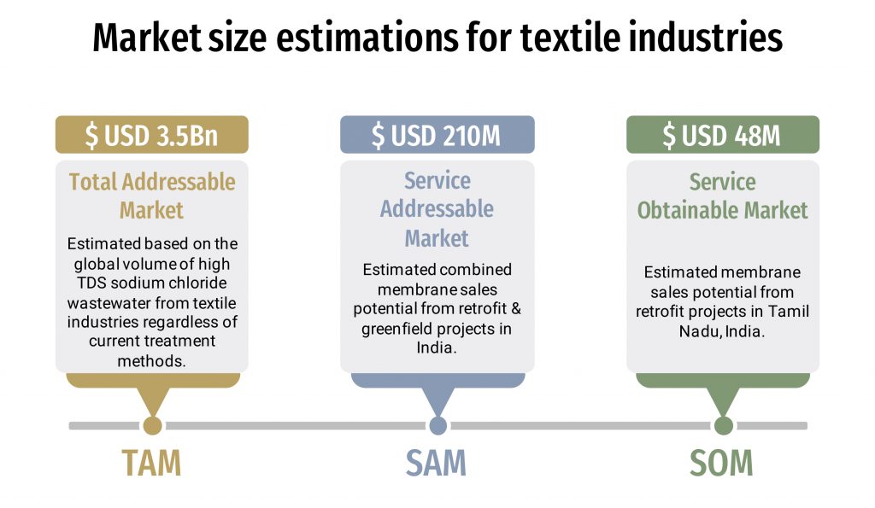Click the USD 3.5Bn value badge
point(152,135)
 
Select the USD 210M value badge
point(437,135)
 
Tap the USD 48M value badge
point(723,135)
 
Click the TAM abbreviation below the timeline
point(152,463)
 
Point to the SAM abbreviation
point(436,463)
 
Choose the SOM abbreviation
point(721,463)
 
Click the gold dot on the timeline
point(152,425)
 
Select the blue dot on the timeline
point(438,425)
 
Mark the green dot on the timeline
point(724,425)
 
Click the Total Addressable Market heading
point(152,196)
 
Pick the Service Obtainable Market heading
point(723,196)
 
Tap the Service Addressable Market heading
point(437,209)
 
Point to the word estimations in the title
point(367,38)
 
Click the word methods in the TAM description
point(151,361)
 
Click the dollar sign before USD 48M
point(668,136)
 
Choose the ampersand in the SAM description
point(515,308)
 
